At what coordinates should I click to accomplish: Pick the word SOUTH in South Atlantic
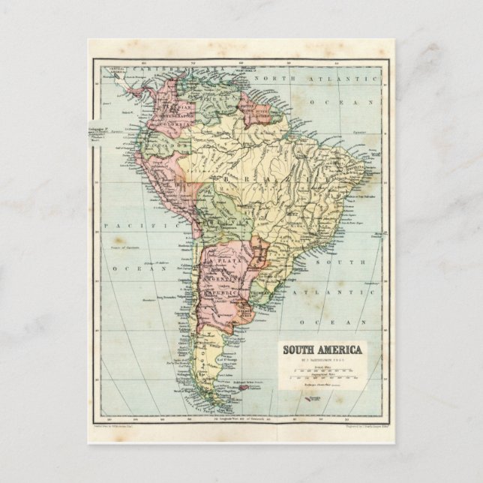click(350, 262)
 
